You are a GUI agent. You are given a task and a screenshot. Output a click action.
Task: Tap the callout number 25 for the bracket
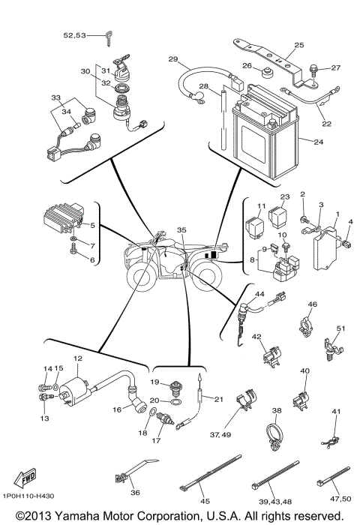click(x=298, y=46)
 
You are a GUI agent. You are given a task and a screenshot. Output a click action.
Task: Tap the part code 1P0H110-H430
click(x=29, y=496)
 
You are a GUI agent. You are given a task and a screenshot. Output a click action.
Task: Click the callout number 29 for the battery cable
click(x=172, y=59)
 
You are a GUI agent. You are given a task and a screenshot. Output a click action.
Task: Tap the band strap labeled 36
click(x=128, y=472)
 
